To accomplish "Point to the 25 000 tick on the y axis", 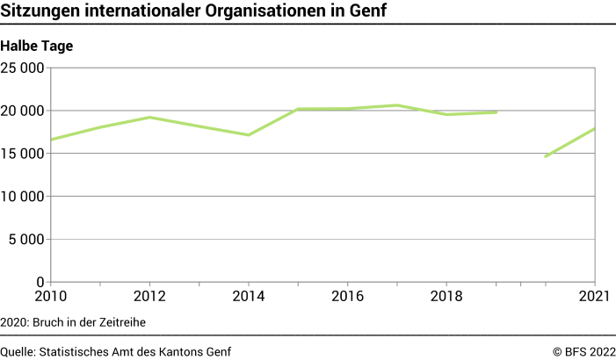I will tap(23, 68).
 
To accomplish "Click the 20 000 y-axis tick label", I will tap(23, 111).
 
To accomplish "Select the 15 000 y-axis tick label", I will tap(23, 154).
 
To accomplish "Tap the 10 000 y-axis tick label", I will tap(23, 197).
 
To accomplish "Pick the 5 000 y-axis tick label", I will tap(27, 240).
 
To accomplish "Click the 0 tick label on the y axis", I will tap(40, 283).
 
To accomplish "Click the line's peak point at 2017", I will tap(397, 105).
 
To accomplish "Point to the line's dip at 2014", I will tap(249, 134).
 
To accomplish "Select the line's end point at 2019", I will tap(496, 112).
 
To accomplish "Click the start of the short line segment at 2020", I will tap(546, 156).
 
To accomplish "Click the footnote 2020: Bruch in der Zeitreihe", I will tap(73, 322).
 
